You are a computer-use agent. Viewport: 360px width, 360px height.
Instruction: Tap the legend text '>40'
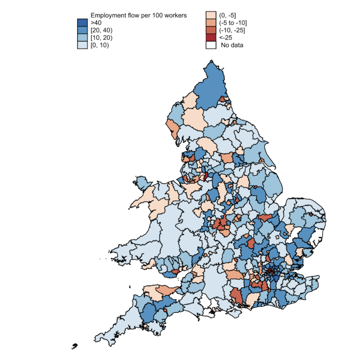click(97, 22)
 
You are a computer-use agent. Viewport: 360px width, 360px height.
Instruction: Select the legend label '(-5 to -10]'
click(233, 22)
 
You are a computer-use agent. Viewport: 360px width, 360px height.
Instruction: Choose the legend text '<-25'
click(227, 38)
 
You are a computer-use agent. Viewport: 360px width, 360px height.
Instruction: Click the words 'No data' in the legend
click(232, 45)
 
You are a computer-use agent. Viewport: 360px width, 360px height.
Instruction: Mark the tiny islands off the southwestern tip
click(74, 345)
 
